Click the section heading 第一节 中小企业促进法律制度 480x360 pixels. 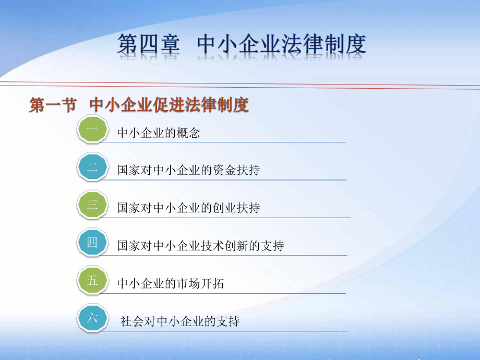click(139, 105)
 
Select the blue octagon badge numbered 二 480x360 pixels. click(92, 167)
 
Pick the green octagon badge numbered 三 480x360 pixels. click(92, 205)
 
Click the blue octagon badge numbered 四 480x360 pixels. click(92, 243)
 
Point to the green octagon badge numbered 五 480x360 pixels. click(92, 281)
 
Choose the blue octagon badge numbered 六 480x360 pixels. click(92, 318)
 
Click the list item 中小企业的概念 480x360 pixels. click(159, 133)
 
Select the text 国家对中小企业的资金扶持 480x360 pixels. click(188, 171)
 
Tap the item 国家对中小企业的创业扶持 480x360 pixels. click(188, 208)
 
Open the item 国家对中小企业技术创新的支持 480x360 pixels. click(200, 246)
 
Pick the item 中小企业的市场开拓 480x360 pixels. click(171, 284)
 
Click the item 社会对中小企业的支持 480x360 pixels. click(180, 321)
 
